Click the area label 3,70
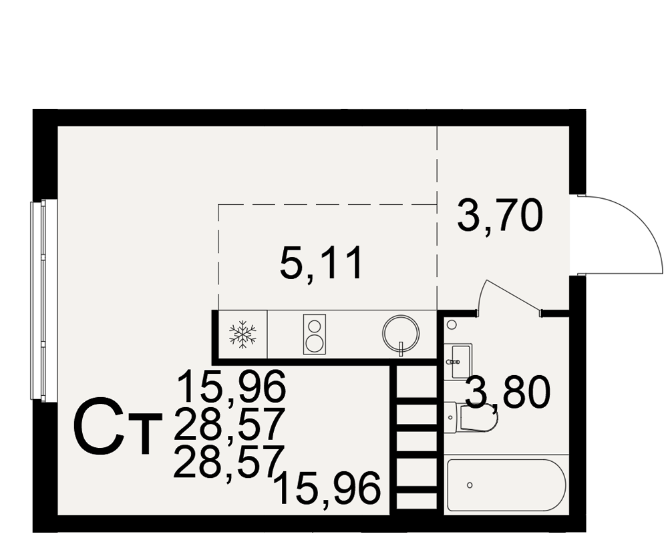pyautogui.click(x=500, y=216)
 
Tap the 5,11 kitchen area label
pyautogui.click(x=321, y=263)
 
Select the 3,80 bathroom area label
pyautogui.click(x=507, y=392)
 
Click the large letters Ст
pyautogui.click(x=118, y=427)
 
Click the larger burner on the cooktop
pyautogui.click(x=315, y=343)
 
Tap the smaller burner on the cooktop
pyautogui.click(x=315, y=326)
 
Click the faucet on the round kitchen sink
pyautogui.click(x=401, y=348)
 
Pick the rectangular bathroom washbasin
pyautogui.click(x=462, y=362)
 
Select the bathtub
pyautogui.click(x=506, y=485)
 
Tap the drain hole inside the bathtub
pyautogui.click(x=470, y=485)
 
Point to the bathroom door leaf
pyautogui.click(x=511, y=294)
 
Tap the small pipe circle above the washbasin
pyautogui.click(x=452, y=325)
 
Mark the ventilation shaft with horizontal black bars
pyautogui.click(x=417, y=437)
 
